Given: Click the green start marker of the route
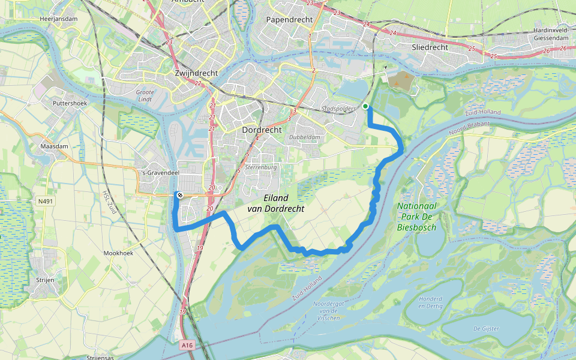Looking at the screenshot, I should (x=365, y=106).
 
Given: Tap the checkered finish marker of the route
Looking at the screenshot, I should (x=179, y=194).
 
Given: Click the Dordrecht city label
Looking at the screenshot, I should (x=262, y=130).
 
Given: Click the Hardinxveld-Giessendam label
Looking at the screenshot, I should (x=550, y=34).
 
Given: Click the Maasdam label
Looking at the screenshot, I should (x=52, y=146).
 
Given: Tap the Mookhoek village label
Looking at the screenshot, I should (x=118, y=253).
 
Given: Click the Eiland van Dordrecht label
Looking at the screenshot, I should (x=275, y=203).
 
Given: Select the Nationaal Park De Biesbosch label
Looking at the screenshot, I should (x=416, y=217).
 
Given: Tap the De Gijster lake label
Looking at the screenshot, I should (x=486, y=328).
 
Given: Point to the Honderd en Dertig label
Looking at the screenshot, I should (x=430, y=302).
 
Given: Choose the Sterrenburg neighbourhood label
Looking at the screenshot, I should (x=261, y=167).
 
